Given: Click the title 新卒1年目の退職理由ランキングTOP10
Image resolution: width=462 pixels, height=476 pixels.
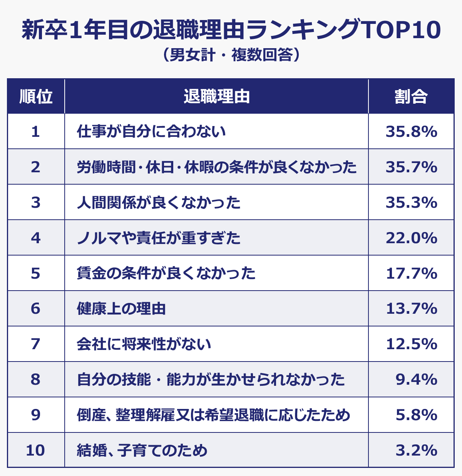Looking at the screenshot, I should [231, 30].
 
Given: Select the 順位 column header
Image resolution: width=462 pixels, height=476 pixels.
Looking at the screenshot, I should [36, 96].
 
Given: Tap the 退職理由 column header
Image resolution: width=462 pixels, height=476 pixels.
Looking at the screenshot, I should [216, 96].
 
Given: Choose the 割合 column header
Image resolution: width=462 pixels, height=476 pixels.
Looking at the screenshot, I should [411, 96].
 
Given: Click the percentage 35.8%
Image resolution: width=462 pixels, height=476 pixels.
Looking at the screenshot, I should [411, 132].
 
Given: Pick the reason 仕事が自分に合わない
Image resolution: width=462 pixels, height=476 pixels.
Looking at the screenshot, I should [151, 132].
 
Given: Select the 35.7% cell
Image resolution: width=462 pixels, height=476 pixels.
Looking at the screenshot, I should [411, 167].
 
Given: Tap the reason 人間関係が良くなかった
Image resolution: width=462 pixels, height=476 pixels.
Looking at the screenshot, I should [159, 203].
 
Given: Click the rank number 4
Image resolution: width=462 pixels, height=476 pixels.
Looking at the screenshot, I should [36, 238].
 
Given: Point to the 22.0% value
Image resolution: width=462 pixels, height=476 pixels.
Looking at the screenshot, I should [411, 238].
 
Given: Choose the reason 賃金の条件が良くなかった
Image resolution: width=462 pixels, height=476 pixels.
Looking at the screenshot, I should [166, 274].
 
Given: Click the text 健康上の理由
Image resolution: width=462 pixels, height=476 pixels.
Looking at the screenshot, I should [121, 309].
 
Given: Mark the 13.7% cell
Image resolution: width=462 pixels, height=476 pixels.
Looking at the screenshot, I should [411, 309].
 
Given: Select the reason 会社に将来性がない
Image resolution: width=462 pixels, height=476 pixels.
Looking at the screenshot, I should [144, 344].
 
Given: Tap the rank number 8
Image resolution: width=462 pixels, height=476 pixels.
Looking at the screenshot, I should [36, 380].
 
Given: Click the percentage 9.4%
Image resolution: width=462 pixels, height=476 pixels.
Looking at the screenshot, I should [416, 380].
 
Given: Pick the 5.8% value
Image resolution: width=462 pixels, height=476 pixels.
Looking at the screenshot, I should [416, 415].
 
